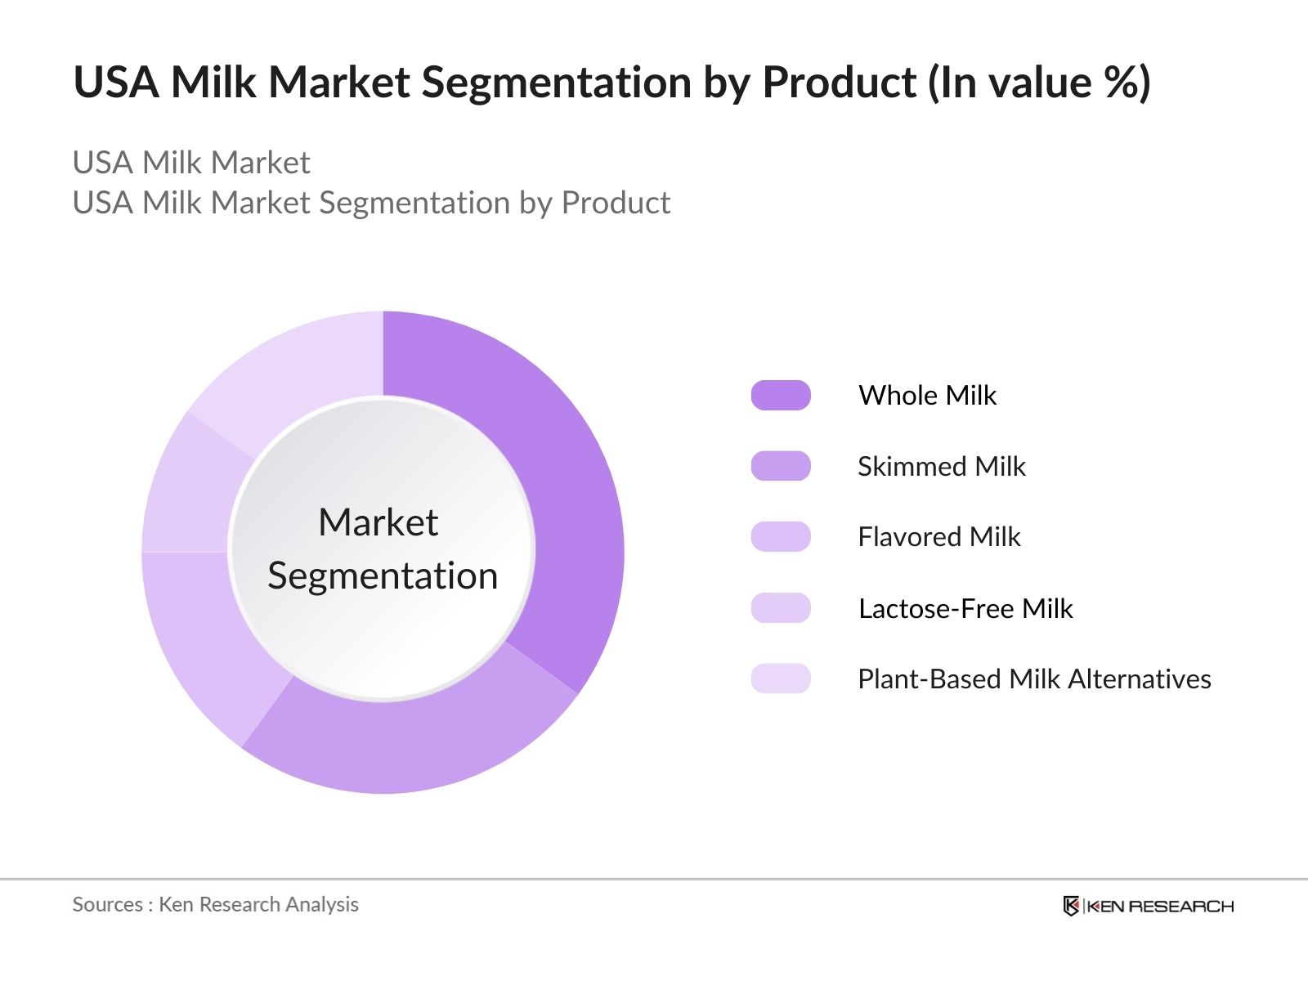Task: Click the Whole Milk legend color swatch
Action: pos(781,396)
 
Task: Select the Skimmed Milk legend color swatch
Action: pos(781,466)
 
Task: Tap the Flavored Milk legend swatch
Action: pos(781,537)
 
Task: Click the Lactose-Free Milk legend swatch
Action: pos(781,608)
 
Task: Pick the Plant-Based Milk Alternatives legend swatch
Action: pos(781,679)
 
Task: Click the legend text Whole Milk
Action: pos(927,396)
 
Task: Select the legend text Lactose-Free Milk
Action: pos(965,608)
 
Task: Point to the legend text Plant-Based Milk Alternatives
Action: pos(1034,679)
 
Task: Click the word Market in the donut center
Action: pos(378,522)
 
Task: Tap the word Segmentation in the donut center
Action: pos(383,576)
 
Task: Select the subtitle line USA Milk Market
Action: pos(191,163)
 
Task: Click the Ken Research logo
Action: pos(1148,906)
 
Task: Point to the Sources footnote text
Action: pos(215,904)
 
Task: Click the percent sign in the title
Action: pos(1118,83)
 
